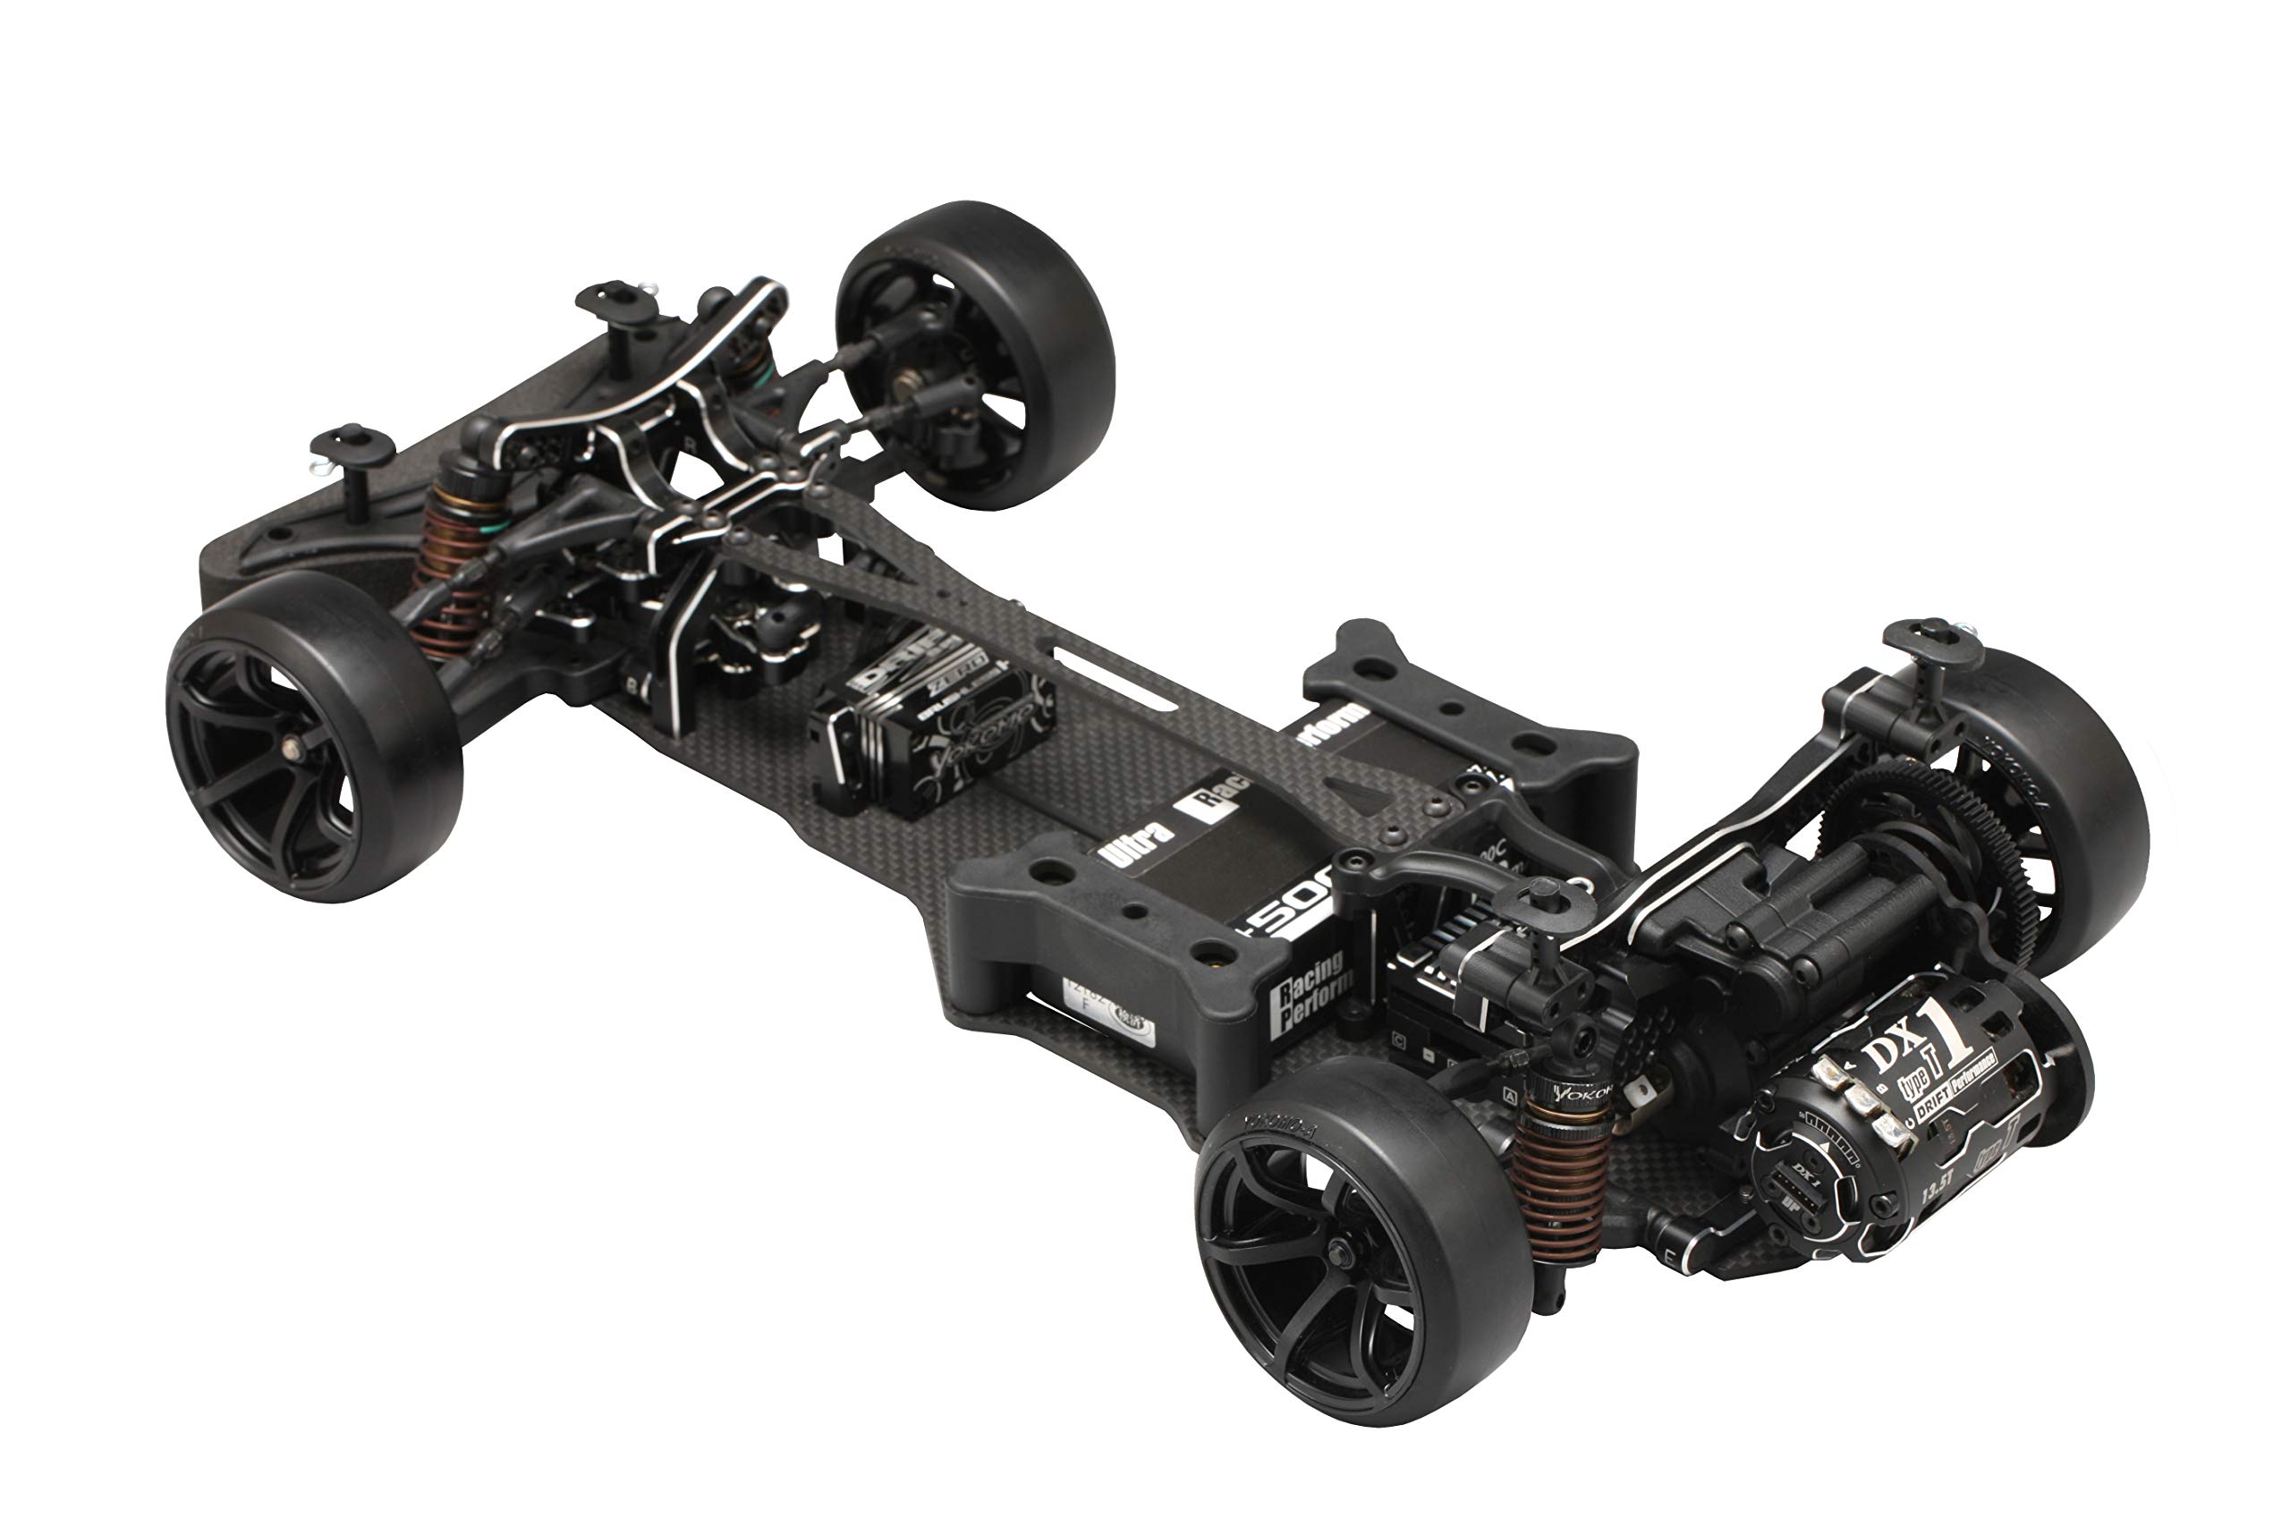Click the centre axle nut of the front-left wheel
[x=290, y=747]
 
